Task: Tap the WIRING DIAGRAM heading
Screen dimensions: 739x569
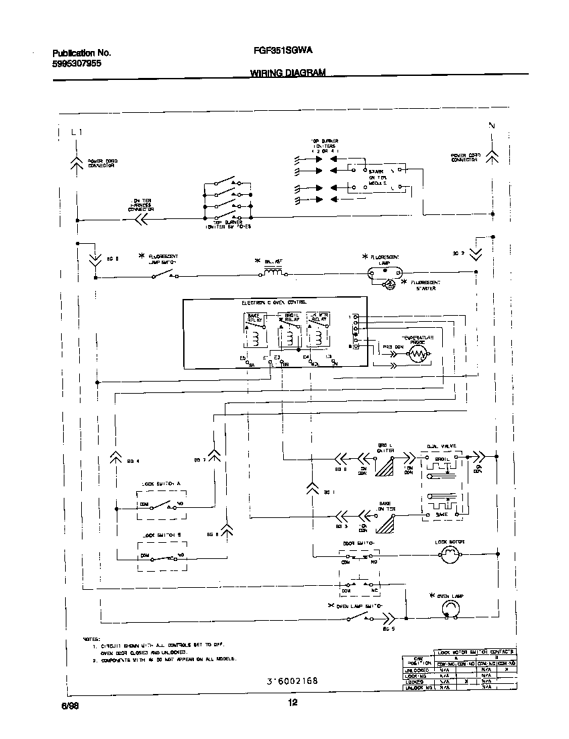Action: (288, 73)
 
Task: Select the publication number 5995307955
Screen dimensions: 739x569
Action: (76, 64)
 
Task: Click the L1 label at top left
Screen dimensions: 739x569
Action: (76, 132)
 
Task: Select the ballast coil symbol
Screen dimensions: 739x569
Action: (275, 274)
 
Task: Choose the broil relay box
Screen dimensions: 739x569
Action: (289, 329)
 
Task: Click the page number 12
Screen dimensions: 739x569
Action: (292, 703)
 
